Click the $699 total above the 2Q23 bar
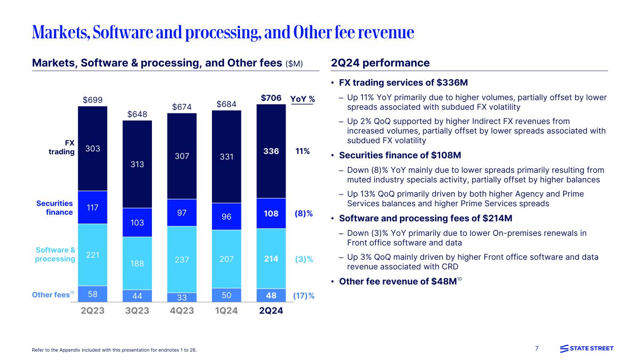pyautogui.click(x=92, y=99)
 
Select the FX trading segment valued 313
pyautogui.click(x=137, y=165)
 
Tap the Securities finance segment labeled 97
pyautogui.click(x=182, y=213)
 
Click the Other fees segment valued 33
pyautogui.click(x=182, y=296)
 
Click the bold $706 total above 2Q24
pyautogui.click(x=271, y=98)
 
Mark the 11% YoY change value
pyautogui.click(x=302, y=151)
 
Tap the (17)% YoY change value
pyautogui.click(x=303, y=295)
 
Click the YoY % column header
pyautogui.click(x=302, y=99)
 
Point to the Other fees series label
pyautogui.click(x=51, y=295)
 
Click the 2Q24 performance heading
pyautogui.click(x=380, y=63)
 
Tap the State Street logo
pyautogui.click(x=587, y=348)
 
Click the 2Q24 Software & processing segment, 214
pyautogui.click(x=271, y=258)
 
